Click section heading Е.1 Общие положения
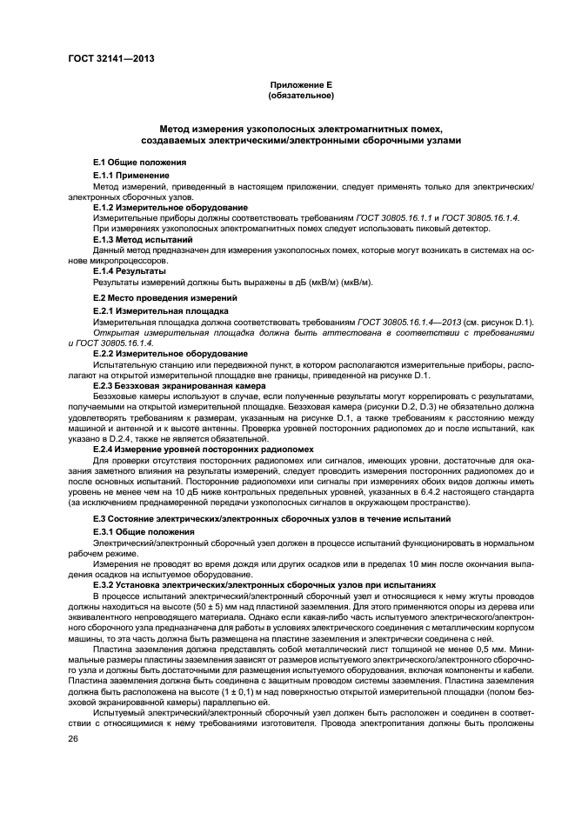[x=141, y=163]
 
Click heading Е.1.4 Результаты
[x=130, y=270]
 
